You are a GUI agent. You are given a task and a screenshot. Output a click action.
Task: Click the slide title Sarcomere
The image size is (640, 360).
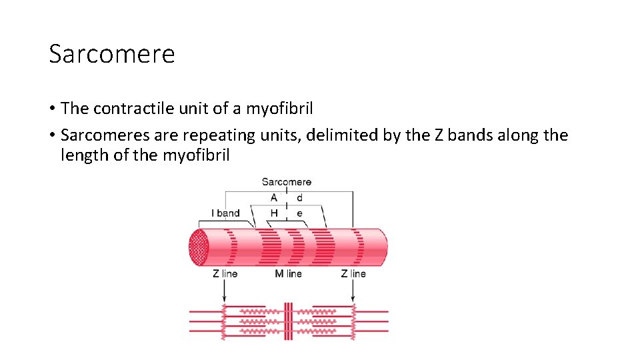coord(111,53)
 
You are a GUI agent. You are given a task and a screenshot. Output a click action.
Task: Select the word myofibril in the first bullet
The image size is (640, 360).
coord(280,108)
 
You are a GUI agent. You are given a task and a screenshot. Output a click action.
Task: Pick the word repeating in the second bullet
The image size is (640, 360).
coord(217,135)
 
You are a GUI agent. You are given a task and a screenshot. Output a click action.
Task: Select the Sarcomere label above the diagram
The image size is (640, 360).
coord(286,181)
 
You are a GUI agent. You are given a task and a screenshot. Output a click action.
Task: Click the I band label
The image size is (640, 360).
coord(225,213)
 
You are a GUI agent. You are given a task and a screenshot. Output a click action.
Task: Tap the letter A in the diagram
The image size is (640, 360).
coord(274,197)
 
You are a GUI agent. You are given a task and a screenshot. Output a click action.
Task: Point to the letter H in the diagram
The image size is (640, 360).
coord(274,213)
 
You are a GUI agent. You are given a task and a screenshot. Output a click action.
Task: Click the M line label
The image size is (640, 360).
coord(288,273)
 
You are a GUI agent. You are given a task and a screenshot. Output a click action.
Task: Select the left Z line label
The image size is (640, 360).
coord(225,273)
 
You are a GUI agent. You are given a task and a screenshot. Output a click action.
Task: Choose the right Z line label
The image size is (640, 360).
coord(353,273)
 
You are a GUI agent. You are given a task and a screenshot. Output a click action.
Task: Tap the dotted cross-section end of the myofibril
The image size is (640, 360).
coord(201,247)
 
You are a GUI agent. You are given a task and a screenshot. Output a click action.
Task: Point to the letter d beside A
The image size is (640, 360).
coord(299,197)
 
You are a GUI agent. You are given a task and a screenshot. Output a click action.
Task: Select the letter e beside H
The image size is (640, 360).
coord(299,213)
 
